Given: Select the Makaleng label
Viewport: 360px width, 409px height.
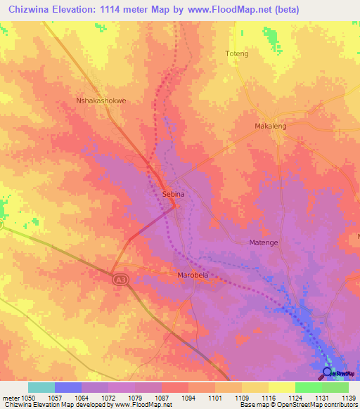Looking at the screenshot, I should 270,126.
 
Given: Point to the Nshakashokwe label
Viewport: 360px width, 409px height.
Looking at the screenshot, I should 101,100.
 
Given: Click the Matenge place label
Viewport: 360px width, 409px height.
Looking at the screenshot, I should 264,242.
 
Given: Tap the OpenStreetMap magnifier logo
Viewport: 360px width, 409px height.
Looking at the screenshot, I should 327,372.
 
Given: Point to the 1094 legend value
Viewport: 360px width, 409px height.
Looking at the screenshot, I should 189,397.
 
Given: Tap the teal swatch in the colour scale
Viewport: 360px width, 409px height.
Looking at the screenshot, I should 41,387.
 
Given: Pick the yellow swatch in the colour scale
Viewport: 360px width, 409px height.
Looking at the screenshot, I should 281,387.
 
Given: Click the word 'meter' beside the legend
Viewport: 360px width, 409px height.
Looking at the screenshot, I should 12,397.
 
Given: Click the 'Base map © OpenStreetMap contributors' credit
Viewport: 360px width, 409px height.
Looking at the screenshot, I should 297,405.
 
